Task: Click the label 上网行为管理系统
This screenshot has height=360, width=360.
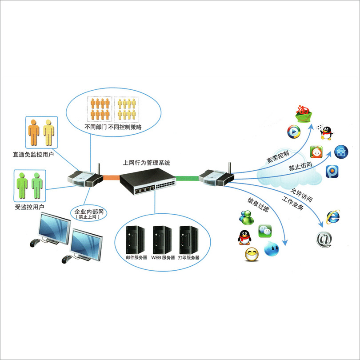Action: [x=146, y=163]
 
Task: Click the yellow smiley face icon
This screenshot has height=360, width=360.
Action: [x=252, y=254]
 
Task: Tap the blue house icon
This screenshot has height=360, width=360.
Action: [x=341, y=152]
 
